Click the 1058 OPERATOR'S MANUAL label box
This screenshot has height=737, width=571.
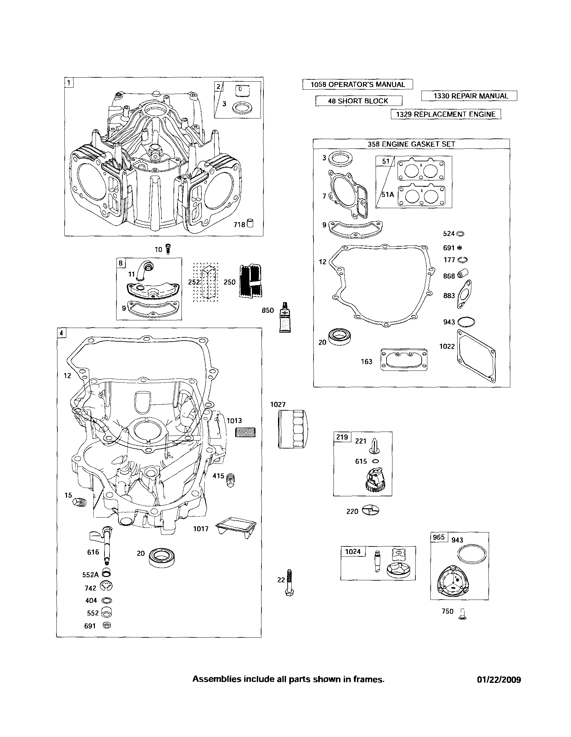pyautogui.click(x=358, y=84)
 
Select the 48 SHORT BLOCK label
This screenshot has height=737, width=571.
pyautogui.click(x=358, y=101)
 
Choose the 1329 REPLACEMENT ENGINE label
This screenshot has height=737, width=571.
pyautogui.click(x=446, y=115)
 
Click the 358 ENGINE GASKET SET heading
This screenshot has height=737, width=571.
pyautogui.click(x=411, y=144)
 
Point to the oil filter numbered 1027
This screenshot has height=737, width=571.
pyautogui.click(x=293, y=429)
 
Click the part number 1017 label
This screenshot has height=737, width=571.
pyautogui.click(x=201, y=529)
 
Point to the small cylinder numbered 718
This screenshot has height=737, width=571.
pyautogui.click(x=250, y=224)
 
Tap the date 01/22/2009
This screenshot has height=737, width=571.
pyautogui.click(x=499, y=680)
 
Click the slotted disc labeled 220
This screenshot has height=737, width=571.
pyautogui.click(x=370, y=511)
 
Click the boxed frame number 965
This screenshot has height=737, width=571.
pyautogui.click(x=439, y=537)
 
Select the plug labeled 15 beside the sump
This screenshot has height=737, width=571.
pyautogui.click(x=80, y=503)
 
